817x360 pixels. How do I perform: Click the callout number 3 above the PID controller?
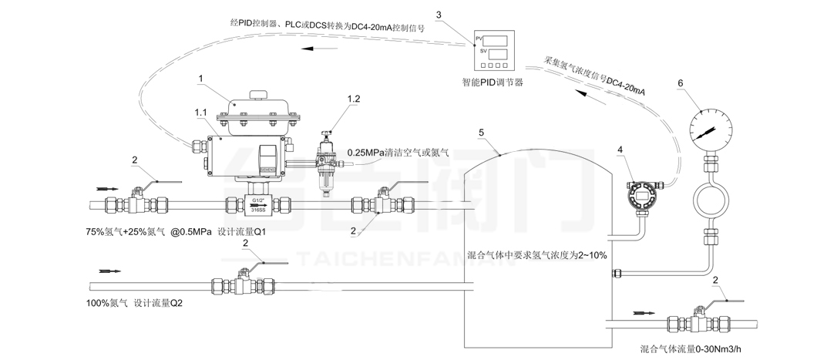(x=439, y=14)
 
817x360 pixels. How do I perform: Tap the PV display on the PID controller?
(x=494, y=39)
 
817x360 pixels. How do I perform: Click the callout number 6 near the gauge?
(x=679, y=81)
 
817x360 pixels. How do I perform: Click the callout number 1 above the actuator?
(x=200, y=78)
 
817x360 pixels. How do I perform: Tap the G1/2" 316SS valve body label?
(x=258, y=204)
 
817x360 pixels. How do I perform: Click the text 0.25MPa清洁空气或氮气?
(x=398, y=152)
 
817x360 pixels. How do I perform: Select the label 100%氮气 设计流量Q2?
(x=134, y=304)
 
